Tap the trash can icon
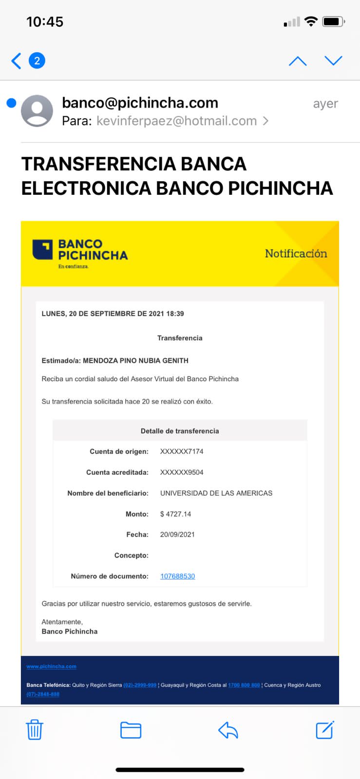click(x=35, y=730)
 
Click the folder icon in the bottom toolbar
click(x=131, y=730)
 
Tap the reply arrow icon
click(x=228, y=730)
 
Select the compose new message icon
click(x=325, y=729)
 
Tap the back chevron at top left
click(x=16, y=61)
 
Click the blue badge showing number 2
click(x=37, y=61)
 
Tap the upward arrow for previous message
click(x=298, y=61)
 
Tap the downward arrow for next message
click(x=334, y=60)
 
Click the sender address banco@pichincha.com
click(x=140, y=103)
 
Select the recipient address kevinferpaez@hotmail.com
click(x=176, y=121)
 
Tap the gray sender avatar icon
click(x=37, y=111)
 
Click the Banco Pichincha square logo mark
click(x=42, y=249)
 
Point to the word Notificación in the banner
click(x=296, y=253)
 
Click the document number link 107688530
click(x=177, y=576)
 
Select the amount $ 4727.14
click(x=175, y=514)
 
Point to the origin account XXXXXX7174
click(x=182, y=451)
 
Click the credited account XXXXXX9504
click(x=182, y=472)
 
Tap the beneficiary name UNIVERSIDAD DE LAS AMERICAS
click(x=216, y=493)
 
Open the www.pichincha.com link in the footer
click(x=51, y=667)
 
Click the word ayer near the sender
click(x=325, y=104)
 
